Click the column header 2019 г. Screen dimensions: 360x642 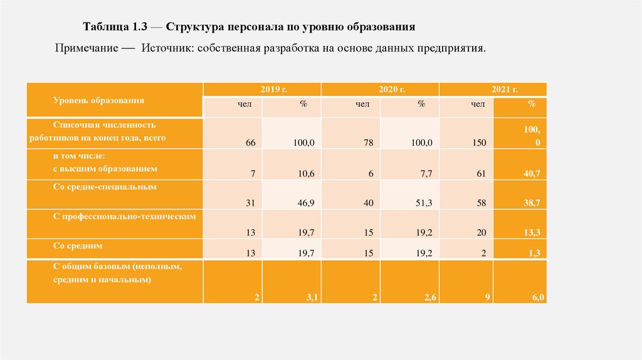pos(262,90)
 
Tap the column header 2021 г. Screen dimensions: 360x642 pos(493,90)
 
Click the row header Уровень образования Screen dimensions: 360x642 pos(99,100)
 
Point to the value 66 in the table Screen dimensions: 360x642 pos(250,143)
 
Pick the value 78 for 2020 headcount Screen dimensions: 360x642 pos(368,143)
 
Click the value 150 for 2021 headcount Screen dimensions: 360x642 pos(480,143)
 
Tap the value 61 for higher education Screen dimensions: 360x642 pos(481,174)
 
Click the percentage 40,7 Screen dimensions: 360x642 pos(532,174)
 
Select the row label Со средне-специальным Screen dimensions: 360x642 pos(104,186)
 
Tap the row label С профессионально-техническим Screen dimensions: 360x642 pos(125,216)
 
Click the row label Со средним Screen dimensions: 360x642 pos(78,246)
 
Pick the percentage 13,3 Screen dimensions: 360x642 pos(532,233)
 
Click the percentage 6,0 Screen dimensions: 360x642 pos(538,298)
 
